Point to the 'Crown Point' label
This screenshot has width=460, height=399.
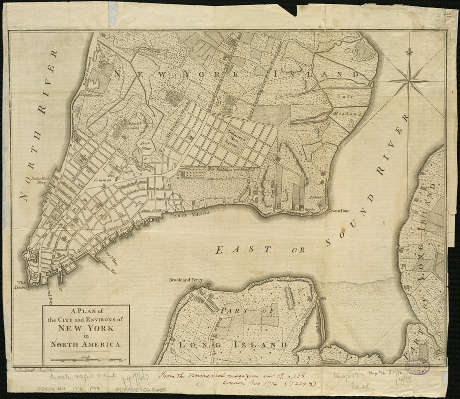point(338,211)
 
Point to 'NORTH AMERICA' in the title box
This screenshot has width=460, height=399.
point(85,344)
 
